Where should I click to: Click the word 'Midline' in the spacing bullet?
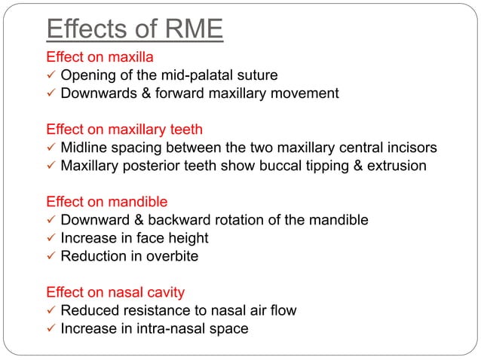(x=84, y=148)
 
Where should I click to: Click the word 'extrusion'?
(x=397, y=166)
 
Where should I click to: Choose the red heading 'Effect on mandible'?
(x=107, y=202)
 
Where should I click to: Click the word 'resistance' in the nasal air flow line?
(x=149, y=310)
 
